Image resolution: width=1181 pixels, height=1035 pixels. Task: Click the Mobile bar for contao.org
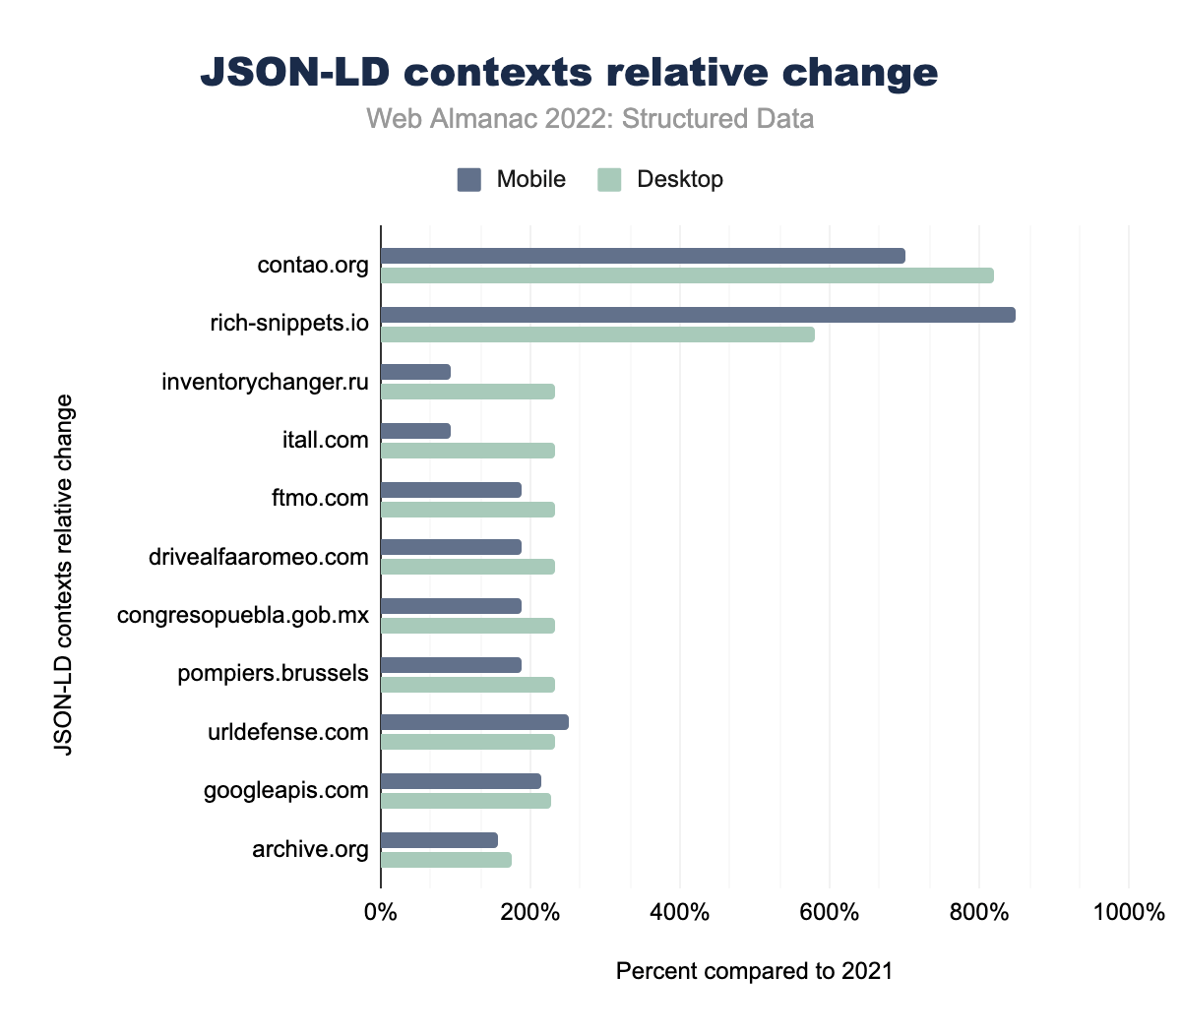tap(643, 256)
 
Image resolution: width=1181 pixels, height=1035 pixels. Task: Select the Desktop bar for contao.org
tap(687, 275)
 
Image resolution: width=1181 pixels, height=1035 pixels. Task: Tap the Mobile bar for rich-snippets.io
tap(698, 315)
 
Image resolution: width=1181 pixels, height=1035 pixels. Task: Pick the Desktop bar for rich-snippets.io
tap(597, 335)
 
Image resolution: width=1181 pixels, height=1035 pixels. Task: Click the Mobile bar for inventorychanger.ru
tap(415, 372)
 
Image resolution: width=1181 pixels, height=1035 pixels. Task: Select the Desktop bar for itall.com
tap(467, 451)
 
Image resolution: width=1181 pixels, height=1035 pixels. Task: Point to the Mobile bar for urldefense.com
tap(474, 723)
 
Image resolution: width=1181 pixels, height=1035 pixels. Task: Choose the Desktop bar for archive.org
tap(446, 860)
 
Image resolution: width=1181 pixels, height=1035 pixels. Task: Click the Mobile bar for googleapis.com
tap(461, 781)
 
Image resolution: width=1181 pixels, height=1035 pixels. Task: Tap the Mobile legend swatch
tap(469, 179)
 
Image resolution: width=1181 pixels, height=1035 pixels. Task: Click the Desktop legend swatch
tap(610, 179)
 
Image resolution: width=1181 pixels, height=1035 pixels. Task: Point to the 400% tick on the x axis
tap(680, 912)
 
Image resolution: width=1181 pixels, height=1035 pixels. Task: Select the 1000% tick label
tap(1128, 912)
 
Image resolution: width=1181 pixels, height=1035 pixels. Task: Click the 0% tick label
tap(381, 912)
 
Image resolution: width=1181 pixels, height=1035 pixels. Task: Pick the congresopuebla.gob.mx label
tap(243, 616)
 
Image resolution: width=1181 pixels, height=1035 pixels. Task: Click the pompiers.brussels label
tap(274, 674)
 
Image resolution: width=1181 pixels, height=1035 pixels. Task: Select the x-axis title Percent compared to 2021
tap(754, 972)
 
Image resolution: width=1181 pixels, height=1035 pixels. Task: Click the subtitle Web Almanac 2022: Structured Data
tap(590, 119)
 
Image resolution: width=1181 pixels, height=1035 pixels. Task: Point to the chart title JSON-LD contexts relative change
tap(569, 73)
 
